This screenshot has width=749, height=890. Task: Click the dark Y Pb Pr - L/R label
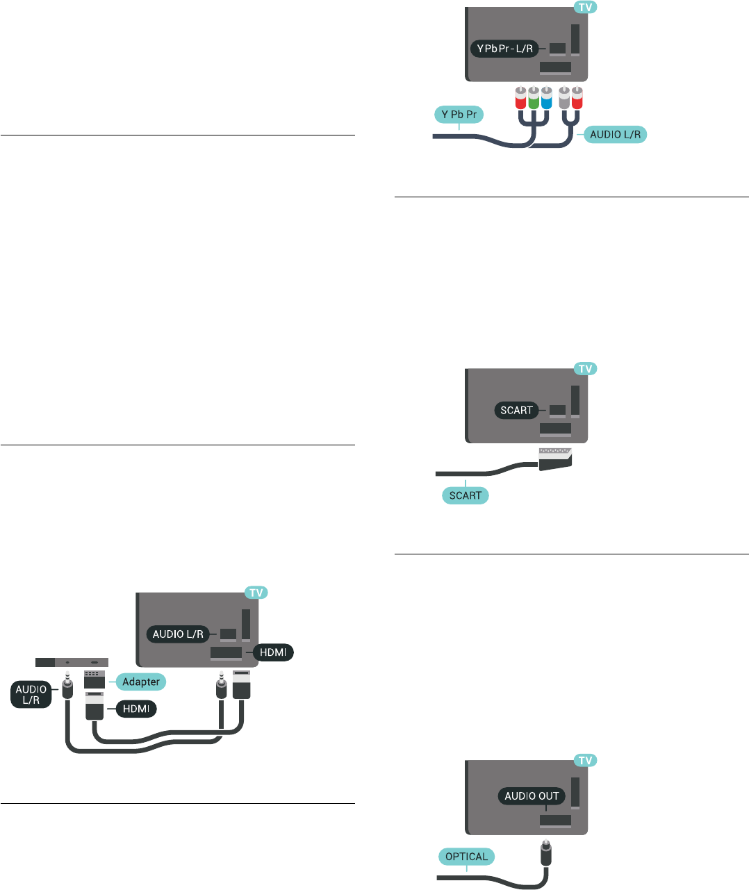click(505, 49)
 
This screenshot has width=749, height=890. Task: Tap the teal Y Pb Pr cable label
click(459, 115)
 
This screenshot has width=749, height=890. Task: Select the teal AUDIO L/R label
click(615, 134)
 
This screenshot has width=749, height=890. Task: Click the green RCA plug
click(533, 99)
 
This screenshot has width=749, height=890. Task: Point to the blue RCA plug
click(546, 99)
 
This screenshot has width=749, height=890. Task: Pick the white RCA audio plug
click(564, 99)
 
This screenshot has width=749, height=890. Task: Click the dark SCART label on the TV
click(516, 410)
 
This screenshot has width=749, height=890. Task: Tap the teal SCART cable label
click(465, 495)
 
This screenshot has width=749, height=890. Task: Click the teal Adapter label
click(140, 682)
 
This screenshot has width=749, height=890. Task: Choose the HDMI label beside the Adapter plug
click(136, 709)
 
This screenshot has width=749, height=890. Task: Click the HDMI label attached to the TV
click(273, 652)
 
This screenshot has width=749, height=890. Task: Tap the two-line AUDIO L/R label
click(31, 695)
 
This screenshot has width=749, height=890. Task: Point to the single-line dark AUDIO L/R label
click(178, 634)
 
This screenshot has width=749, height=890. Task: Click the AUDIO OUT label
click(532, 796)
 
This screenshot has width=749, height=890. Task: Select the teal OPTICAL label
click(467, 857)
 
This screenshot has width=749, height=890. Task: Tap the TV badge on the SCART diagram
click(586, 369)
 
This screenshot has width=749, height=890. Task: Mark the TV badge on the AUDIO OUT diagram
click(586, 761)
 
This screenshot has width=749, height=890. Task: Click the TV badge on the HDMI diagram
click(256, 593)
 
